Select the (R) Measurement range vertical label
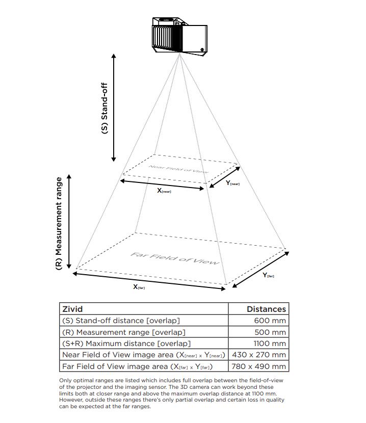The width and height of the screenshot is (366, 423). pyautogui.click(x=59, y=223)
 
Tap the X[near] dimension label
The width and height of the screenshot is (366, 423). pyautogui.click(x=164, y=191)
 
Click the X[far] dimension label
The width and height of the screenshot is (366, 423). pyautogui.click(x=139, y=287)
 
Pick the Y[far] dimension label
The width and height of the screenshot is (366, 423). pyautogui.click(x=268, y=275)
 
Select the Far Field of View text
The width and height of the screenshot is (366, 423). pyautogui.click(x=175, y=258)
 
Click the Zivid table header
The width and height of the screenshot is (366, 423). pyautogui.click(x=72, y=309)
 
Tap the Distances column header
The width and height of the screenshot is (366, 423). pyautogui.click(x=266, y=309)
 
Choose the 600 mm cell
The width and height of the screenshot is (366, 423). pyautogui.click(x=270, y=321)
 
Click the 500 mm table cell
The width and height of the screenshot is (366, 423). pyautogui.click(x=270, y=332)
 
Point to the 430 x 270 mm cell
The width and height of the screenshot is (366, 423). pyautogui.click(x=259, y=355)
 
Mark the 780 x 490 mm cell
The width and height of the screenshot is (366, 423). pyautogui.click(x=259, y=366)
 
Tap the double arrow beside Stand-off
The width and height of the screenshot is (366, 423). pyautogui.click(x=114, y=107)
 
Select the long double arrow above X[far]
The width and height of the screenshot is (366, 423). pyautogui.click(x=149, y=281)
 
